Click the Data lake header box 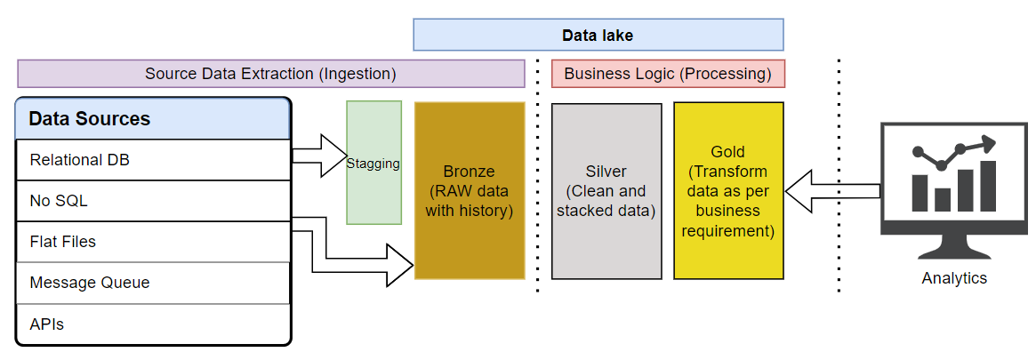598,35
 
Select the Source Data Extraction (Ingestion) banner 270,73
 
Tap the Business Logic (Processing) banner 668,73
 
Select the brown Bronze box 469,190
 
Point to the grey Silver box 606,190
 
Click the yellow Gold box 728,190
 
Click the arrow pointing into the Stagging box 320,156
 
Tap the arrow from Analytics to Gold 831,191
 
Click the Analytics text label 954,278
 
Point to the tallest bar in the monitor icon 988,185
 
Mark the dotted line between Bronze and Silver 537,178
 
